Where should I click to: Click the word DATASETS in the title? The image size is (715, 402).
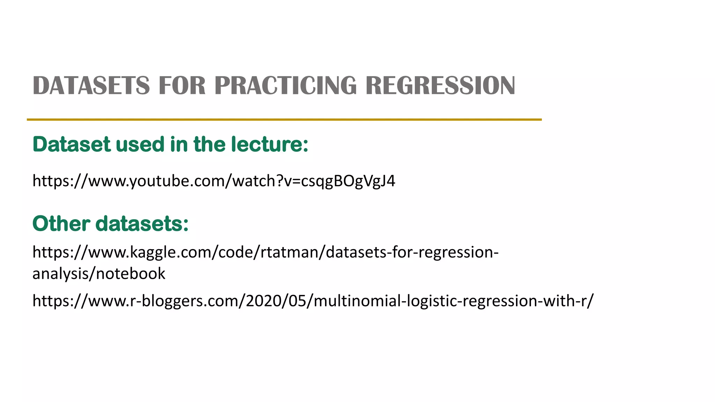(x=91, y=85)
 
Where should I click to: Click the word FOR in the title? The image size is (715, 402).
(x=182, y=85)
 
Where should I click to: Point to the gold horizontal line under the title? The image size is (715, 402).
(x=284, y=120)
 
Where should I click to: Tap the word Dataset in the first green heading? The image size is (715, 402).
(x=72, y=144)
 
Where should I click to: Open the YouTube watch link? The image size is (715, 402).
(x=213, y=181)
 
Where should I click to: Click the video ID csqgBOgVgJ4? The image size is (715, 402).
(x=348, y=181)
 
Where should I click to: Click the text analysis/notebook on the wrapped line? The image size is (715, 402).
(x=99, y=274)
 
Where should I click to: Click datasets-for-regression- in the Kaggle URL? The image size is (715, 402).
(x=412, y=252)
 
